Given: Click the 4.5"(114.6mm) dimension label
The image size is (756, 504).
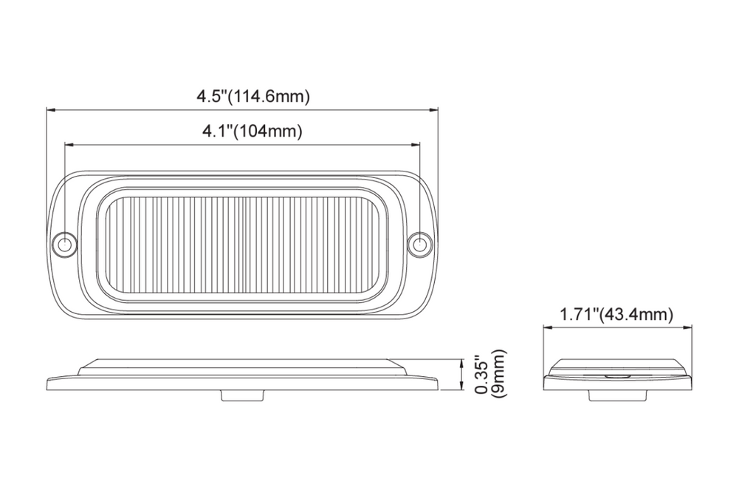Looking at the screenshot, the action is (x=252, y=97).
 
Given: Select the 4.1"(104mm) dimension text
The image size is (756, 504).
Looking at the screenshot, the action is (x=252, y=131).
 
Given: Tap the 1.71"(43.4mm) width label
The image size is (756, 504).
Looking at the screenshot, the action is (x=616, y=315).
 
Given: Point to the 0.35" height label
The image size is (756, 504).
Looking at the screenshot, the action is (x=482, y=375).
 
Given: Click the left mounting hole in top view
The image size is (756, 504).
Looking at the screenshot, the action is (x=64, y=245).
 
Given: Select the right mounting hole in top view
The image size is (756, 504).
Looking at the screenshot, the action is (x=420, y=245).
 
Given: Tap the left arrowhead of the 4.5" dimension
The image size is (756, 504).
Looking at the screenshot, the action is (x=51, y=111).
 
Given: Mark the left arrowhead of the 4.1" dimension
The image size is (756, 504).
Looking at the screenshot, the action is (x=69, y=144).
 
